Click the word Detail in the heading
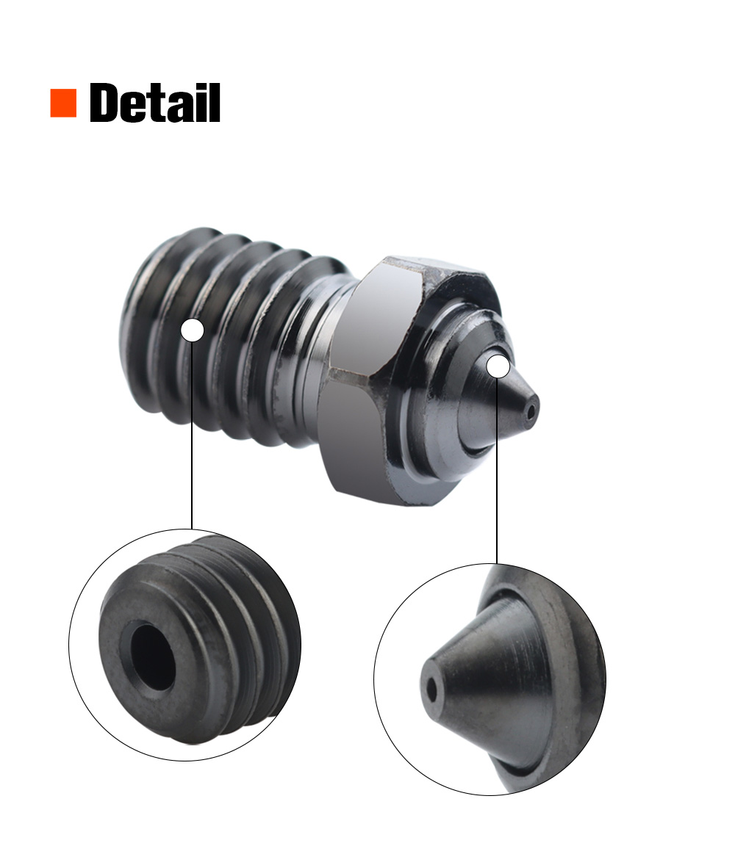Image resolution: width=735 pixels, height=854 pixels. [x=155, y=103]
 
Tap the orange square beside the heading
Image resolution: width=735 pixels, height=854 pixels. [x=63, y=103]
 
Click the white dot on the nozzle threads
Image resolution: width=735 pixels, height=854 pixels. [x=192, y=330]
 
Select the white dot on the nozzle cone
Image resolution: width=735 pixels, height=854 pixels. [x=498, y=366]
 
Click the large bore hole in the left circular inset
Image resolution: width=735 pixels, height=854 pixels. [x=153, y=656]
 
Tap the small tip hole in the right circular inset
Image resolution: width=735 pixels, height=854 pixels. [x=431, y=690]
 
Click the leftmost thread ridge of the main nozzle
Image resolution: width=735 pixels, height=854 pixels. [x=147, y=323]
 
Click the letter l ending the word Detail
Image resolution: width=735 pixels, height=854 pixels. [x=214, y=103]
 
